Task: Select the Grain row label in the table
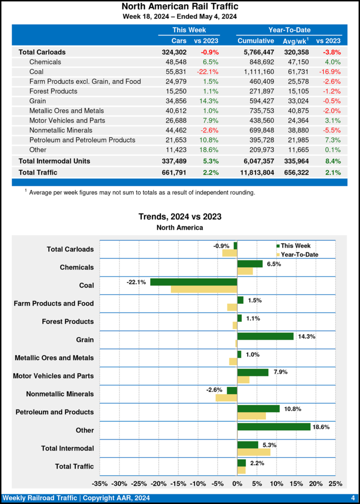click(39, 101)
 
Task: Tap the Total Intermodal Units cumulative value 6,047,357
click(256, 161)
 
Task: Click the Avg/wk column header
click(295, 40)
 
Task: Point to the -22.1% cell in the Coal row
click(208, 71)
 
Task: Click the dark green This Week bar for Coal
click(194, 282)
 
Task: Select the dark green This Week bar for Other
click(274, 427)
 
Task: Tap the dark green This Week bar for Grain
click(265, 336)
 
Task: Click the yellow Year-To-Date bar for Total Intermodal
click(254, 452)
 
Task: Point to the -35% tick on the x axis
click(100, 484)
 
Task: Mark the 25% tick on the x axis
click(335, 484)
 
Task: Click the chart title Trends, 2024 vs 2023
click(180, 217)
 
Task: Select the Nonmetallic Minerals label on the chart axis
click(60, 394)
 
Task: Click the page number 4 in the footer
click(353, 498)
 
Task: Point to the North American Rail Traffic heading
click(180, 6)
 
